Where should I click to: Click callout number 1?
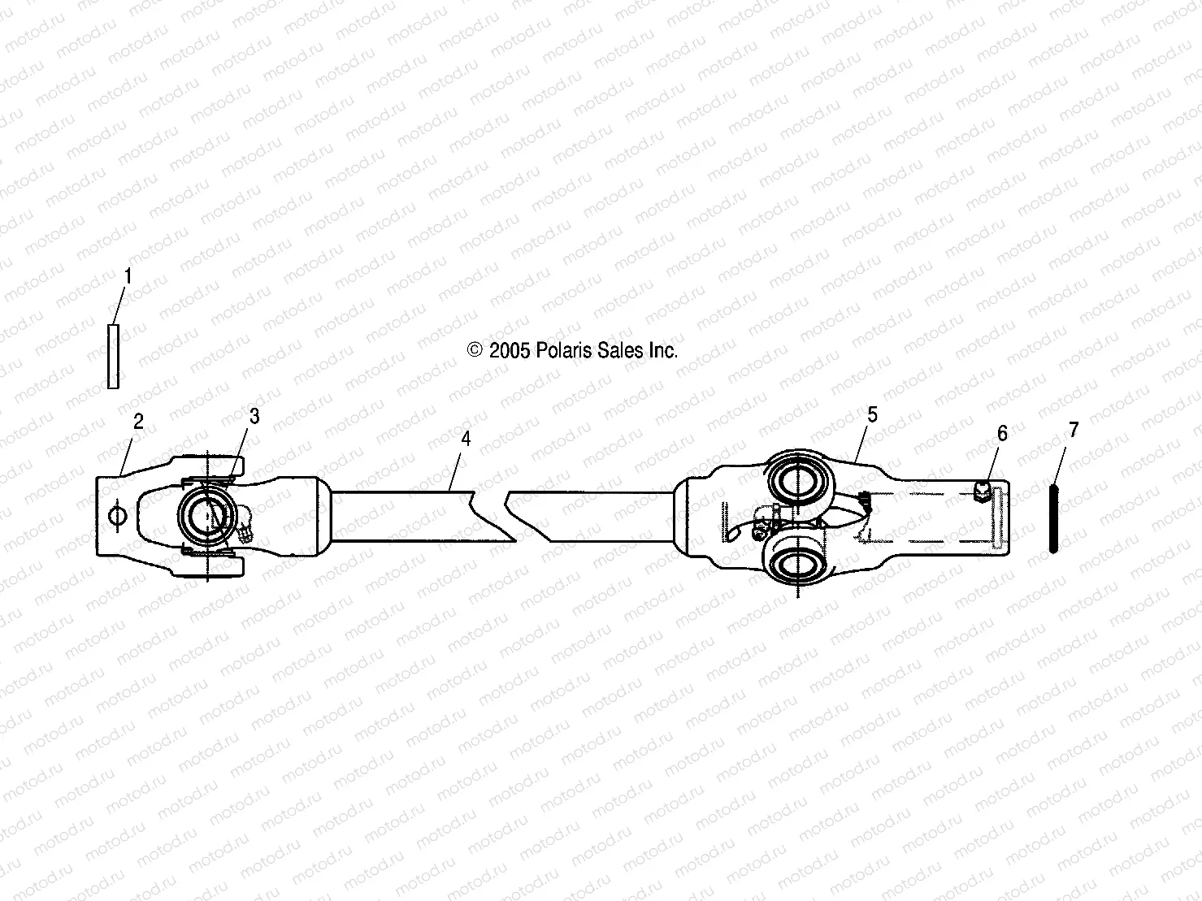(128, 276)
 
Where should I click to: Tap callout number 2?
(139, 421)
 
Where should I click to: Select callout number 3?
(254, 416)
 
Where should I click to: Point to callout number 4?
(466, 439)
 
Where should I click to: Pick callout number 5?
(872, 414)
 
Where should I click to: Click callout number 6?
(1002, 433)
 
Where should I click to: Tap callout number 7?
(1074, 430)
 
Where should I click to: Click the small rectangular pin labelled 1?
(114, 356)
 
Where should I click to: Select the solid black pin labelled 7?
(1053, 518)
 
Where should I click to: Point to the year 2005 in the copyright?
(510, 350)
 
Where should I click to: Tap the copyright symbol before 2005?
(475, 350)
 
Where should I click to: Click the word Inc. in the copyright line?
(662, 350)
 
